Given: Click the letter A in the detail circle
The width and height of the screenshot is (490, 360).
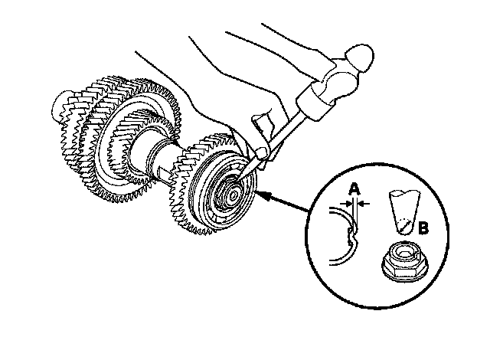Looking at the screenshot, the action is (x=354, y=189).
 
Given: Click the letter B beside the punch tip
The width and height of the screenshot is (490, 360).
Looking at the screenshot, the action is (x=423, y=227).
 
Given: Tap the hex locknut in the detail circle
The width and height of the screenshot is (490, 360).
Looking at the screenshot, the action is (x=405, y=261).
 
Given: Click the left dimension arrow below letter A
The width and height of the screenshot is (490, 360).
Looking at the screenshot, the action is (x=345, y=204).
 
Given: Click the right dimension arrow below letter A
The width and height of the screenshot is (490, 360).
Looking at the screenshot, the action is (x=364, y=204).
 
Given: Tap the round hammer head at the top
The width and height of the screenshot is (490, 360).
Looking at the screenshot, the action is (x=360, y=57).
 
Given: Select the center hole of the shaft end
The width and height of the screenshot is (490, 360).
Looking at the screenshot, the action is (x=233, y=196).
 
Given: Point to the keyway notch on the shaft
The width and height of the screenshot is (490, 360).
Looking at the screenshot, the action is (x=163, y=172).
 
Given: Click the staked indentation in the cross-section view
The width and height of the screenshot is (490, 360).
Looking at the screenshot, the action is (x=352, y=234).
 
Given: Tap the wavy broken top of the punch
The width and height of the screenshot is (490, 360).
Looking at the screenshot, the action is (x=405, y=193).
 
